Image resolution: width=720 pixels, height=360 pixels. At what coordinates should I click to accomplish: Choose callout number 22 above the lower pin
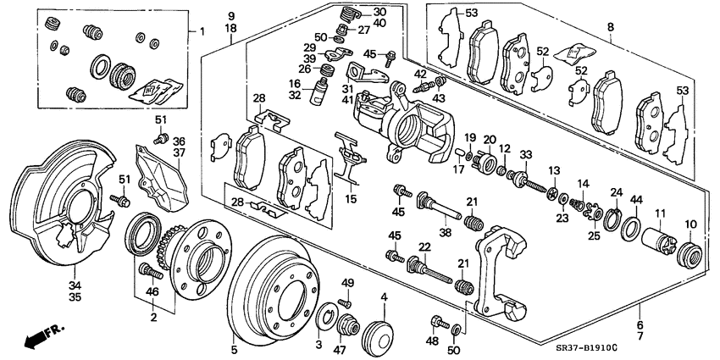423,246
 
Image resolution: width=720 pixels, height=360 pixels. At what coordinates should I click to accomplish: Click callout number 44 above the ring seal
635,199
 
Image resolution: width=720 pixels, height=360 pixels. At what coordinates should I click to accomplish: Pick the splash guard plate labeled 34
59,208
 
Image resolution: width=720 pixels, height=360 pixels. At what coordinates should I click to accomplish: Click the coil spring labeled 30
346,14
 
